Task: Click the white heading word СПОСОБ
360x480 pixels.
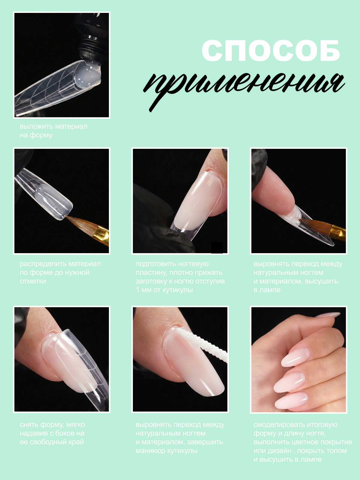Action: pyautogui.click(x=271, y=50)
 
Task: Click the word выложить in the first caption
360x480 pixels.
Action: pyautogui.click(x=37, y=126)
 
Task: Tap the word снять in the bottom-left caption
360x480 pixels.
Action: pyautogui.click(x=29, y=425)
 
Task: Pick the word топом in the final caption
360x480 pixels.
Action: pyautogui.click(x=337, y=451)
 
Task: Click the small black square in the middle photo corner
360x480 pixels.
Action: pyautogui.click(x=217, y=247)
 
